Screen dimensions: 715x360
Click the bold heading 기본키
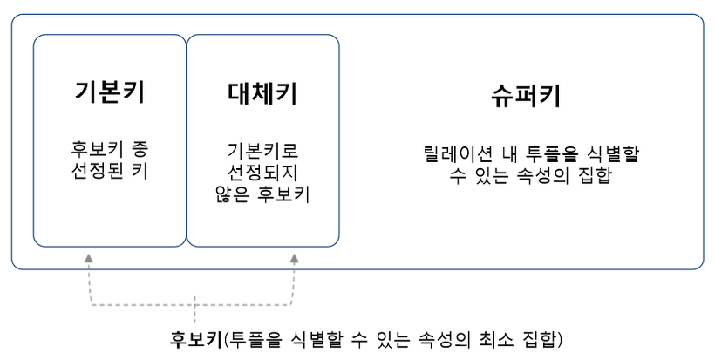pos(109,93)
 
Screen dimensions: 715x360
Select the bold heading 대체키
pos(262,93)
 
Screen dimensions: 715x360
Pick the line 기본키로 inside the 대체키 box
pos(262,147)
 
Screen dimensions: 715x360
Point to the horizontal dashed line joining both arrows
pos(192,306)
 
